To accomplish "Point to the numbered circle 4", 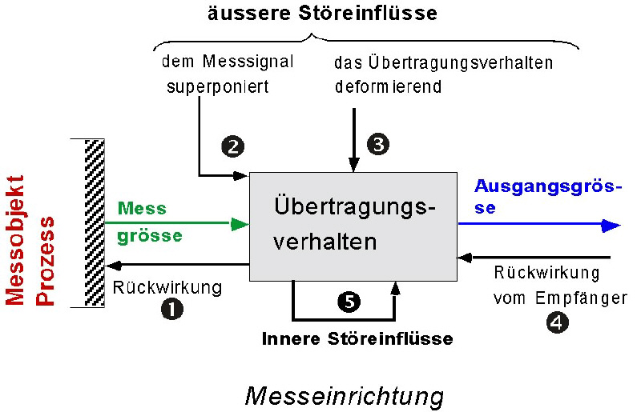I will point(557,323).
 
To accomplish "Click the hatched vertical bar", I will point(95,223).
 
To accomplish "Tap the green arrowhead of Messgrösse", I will point(240,225).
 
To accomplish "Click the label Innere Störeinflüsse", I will point(357,338).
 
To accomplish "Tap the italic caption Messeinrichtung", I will point(345,395).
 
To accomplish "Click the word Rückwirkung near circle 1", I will point(167,287).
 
